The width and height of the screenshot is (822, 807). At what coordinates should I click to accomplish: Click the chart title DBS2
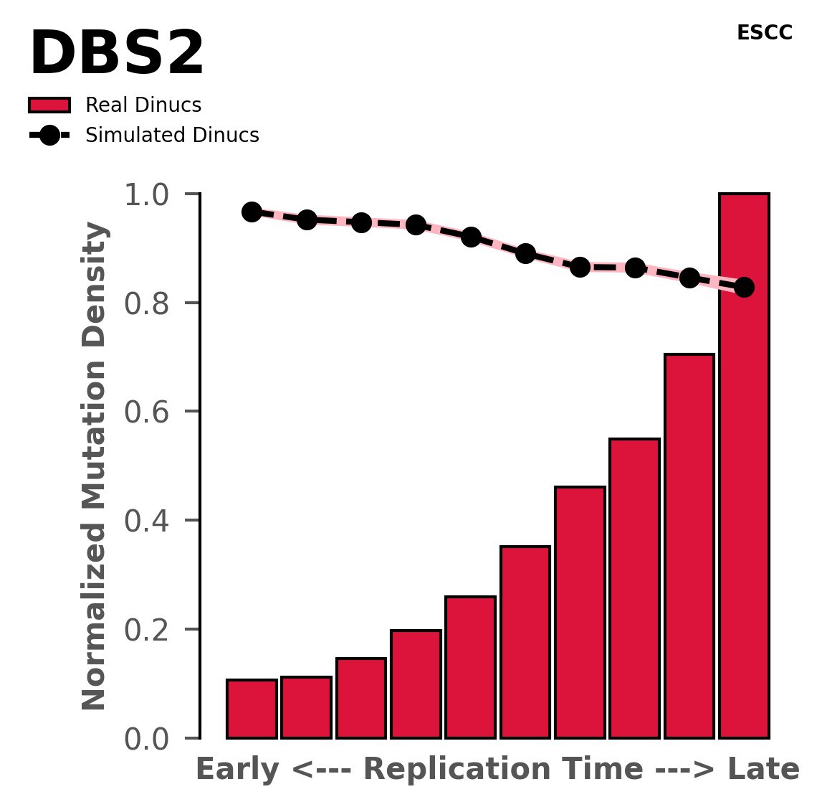click(x=117, y=55)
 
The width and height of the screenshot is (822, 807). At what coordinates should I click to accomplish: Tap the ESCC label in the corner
click(x=764, y=33)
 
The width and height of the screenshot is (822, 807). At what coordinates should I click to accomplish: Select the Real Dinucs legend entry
click(x=143, y=105)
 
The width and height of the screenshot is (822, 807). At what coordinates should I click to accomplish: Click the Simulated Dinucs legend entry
click(x=171, y=136)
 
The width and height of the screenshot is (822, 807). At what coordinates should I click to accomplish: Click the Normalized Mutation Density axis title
click(x=95, y=466)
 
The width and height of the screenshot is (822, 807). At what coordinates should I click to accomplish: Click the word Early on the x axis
click(x=238, y=770)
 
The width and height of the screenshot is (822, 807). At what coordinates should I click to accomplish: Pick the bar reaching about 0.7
click(x=689, y=546)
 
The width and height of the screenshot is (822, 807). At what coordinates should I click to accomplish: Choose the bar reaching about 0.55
click(x=634, y=588)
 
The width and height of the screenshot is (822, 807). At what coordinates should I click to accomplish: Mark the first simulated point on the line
click(x=252, y=212)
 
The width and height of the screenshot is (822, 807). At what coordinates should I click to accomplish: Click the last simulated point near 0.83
click(x=744, y=287)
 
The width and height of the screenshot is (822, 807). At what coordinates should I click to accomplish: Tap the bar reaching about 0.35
click(x=525, y=642)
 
